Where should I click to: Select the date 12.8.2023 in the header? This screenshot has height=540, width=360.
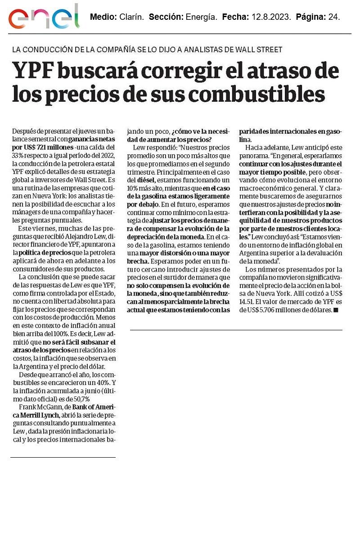pyautogui.click(x=272, y=17)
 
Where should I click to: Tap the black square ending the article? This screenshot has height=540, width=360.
pyautogui.click(x=335, y=310)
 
